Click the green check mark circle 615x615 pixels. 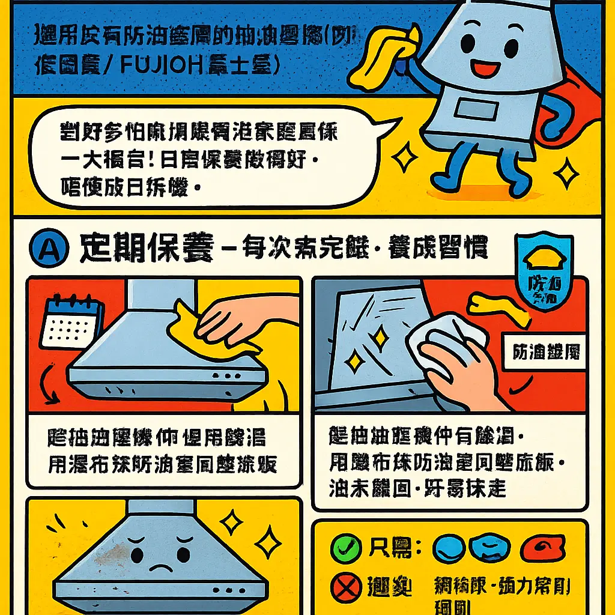(347, 547)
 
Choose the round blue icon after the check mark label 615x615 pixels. (449, 547)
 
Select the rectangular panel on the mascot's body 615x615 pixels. (474, 111)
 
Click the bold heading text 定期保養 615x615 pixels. (147, 249)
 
